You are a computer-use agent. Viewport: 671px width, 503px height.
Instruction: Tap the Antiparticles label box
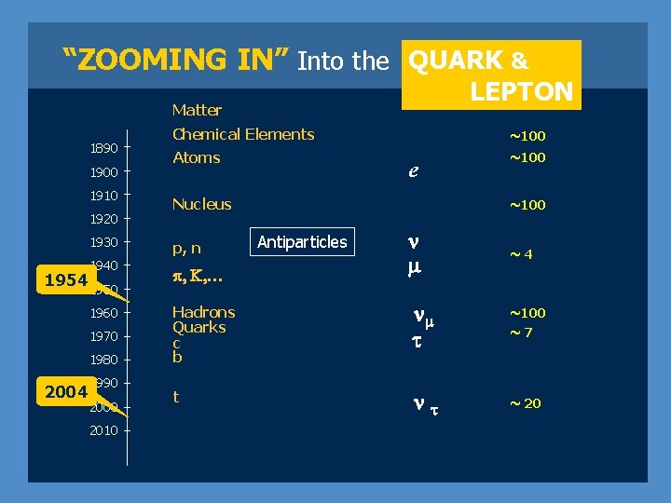click(x=301, y=242)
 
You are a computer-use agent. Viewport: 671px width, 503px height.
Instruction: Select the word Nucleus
click(x=202, y=204)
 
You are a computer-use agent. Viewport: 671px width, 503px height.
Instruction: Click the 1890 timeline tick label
click(x=103, y=148)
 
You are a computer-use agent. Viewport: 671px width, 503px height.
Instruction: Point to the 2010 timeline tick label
click(x=103, y=430)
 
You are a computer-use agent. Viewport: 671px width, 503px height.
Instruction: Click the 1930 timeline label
click(x=103, y=242)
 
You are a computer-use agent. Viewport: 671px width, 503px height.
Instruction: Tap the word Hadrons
click(x=203, y=312)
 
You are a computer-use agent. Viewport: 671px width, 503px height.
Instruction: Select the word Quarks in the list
click(x=199, y=328)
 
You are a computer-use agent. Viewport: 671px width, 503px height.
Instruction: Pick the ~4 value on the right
click(x=520, y=254)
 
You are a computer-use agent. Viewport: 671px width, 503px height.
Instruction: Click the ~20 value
click(x=525, y=403)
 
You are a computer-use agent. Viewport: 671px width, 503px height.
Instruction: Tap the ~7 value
click(x=520, y=333)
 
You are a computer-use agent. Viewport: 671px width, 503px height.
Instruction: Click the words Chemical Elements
click(x=243, y=134)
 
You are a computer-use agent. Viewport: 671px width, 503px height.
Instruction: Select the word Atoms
click(x=197, y=157)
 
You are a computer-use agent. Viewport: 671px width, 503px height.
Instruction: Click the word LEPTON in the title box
click(x=521, y=91)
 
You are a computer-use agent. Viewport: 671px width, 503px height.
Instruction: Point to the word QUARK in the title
click(x=457, y=61)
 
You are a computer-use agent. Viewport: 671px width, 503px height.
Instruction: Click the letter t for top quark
click(x=176, y=396)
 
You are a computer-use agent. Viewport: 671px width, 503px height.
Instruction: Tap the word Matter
click(x=197, y=110)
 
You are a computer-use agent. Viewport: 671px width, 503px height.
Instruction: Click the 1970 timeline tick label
click(x=103, y=336)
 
